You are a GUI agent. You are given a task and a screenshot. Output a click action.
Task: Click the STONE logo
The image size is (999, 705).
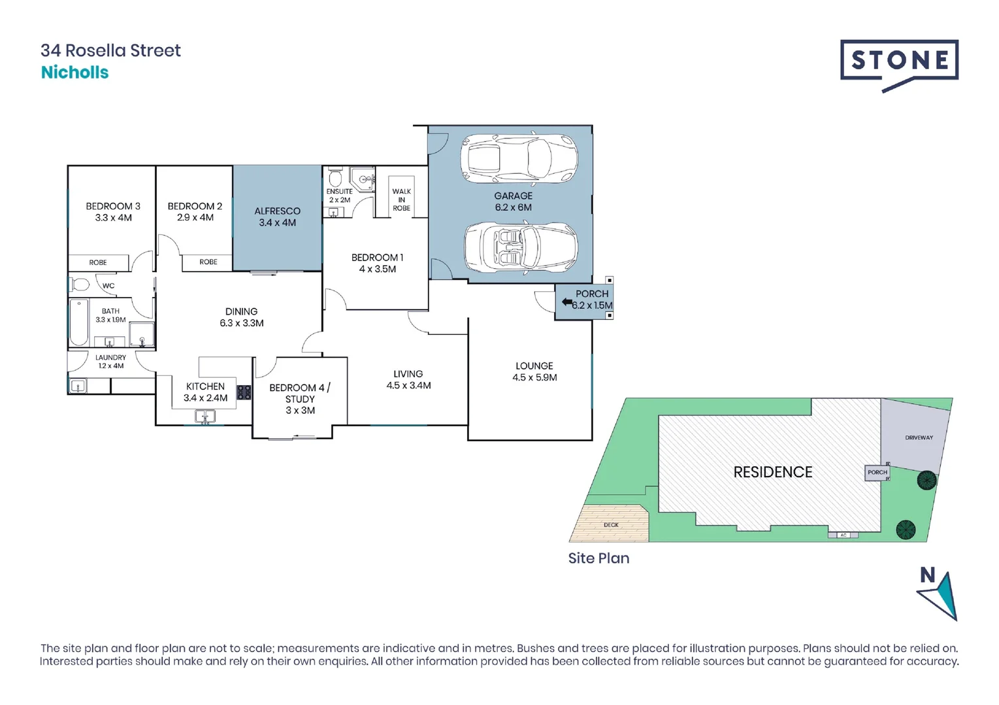pyautogui.click(x=899, y=63)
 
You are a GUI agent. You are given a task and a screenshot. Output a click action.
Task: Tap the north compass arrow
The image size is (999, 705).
pyautogui.click(x=940, y=595)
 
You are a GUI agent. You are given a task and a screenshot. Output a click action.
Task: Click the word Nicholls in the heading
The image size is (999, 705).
pyautogui.click(x=74, y=72)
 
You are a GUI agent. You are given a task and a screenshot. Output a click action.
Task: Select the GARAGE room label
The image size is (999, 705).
pyautogui.click(x=513, y=196)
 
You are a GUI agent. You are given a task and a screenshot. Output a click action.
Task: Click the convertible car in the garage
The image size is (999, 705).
pyautogui.click(x=520, y=247)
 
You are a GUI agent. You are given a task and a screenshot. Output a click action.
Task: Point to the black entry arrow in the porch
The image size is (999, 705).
pyautogui.click(x=566, y=302)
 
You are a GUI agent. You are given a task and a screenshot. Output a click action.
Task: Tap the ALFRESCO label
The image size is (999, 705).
pyautogui.click(x=277, y=211)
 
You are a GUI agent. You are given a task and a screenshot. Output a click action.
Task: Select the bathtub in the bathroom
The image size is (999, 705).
pyautogui.click(x=79, y=322)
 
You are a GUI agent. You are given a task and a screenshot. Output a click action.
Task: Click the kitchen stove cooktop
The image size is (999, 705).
pyautogui.click(x=244, y=392)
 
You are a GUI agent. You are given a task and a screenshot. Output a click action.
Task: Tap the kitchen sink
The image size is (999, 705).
pyautogui.click(x=205, y=416)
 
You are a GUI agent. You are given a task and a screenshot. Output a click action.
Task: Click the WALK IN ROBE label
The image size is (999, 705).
pyautogui.click(x=401, y=200)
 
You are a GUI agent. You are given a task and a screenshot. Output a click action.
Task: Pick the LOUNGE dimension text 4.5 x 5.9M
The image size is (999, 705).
pyautogui.click(x=534, y=377)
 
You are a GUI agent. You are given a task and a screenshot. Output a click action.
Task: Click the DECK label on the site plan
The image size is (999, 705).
pyautogui.click(x=611, y=525)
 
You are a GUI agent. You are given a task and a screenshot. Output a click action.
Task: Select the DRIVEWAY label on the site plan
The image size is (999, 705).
pyautogui.click(x=919, y=437)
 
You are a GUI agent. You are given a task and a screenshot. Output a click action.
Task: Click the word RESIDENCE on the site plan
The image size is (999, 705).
pyautogui.click(x=772, y=472)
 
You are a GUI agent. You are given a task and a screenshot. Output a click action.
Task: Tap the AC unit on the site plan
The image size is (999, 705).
pyautogui.click(x=843, y=535)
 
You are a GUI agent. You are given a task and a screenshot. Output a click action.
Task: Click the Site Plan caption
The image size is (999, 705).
pyautogui.click(x=598, y=558)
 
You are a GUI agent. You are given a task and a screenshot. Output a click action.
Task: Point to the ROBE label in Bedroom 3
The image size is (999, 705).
pyautogui.click(x=98, y=262)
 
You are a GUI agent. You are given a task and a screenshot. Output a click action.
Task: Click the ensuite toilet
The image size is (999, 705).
pyautogui.click(x=335, y=178)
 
